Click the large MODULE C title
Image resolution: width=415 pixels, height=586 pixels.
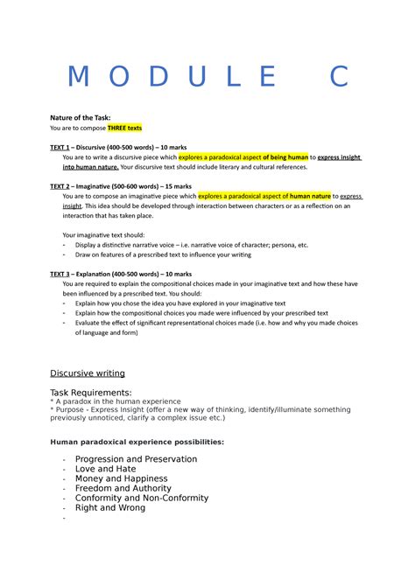coord(207,78)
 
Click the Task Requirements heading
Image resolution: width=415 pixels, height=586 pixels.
coord(91,393)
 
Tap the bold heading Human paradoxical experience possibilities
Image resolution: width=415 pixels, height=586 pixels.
coord(137,442)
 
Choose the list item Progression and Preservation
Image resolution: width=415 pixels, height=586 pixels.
coord(136,459)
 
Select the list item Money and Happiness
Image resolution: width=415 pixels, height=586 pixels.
coord(121,478)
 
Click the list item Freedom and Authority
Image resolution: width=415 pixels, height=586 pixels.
coord(123,488)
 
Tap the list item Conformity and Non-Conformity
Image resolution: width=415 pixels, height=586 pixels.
coord(142,498)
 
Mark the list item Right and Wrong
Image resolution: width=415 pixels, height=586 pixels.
coord(111,507)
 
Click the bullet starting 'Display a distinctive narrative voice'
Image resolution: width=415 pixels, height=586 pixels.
coord(192,246)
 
